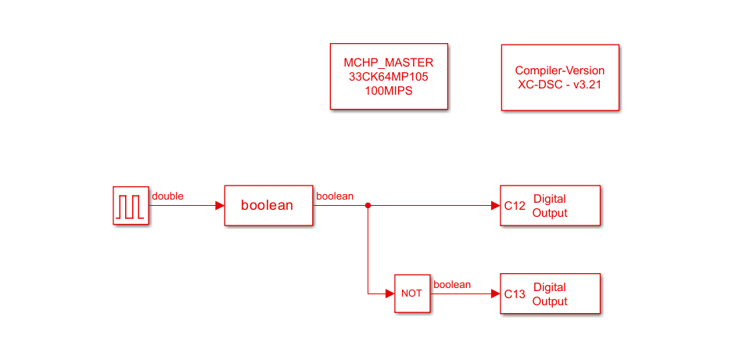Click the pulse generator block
point(130,206)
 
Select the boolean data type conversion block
point(268,206)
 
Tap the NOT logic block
point(411,293)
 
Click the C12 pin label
point(515,206)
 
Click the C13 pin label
point(515,294)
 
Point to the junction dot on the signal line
point(368,206)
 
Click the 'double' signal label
point(167,196)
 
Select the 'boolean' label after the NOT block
point(452,285)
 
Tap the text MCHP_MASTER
point(389,63)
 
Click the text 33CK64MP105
point(389,77)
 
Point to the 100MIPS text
point(389,91)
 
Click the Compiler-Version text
point(559,70)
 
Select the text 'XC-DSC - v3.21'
point(559,85)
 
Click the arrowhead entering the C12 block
point(496,206)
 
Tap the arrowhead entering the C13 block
point(496,293)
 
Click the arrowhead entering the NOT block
point(389,293)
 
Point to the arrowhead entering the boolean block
point(220,206)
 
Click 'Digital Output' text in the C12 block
point(550,206)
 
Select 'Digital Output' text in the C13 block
point(550,294)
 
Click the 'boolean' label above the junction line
point(334,196)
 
